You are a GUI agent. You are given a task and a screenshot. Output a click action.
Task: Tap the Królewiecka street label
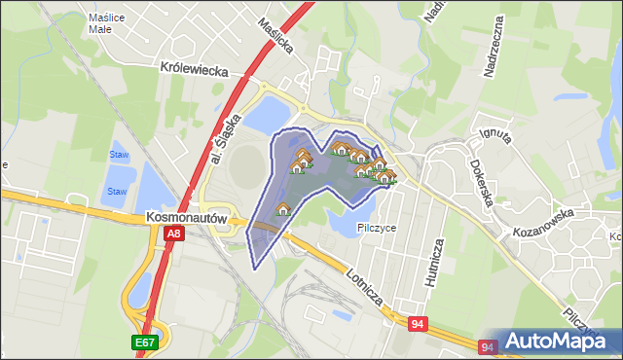coord(194,70)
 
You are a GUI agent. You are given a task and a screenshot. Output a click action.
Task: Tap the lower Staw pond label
coord(117,192)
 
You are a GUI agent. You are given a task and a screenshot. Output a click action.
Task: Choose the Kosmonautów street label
coord(187,219)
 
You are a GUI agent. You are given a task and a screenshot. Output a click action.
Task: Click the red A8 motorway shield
coord(172,234)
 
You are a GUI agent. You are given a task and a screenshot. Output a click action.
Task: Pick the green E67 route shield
coord(144,342)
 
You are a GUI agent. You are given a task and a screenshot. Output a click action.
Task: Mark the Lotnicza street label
coord(369,289)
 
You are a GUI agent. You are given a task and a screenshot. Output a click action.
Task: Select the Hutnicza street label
coord(435,265)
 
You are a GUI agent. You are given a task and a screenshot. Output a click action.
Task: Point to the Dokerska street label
coord(484,183)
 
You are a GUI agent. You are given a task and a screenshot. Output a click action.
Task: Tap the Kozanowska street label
coord(545,223)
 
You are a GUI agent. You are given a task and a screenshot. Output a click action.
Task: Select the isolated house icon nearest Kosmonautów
coord(283,208)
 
